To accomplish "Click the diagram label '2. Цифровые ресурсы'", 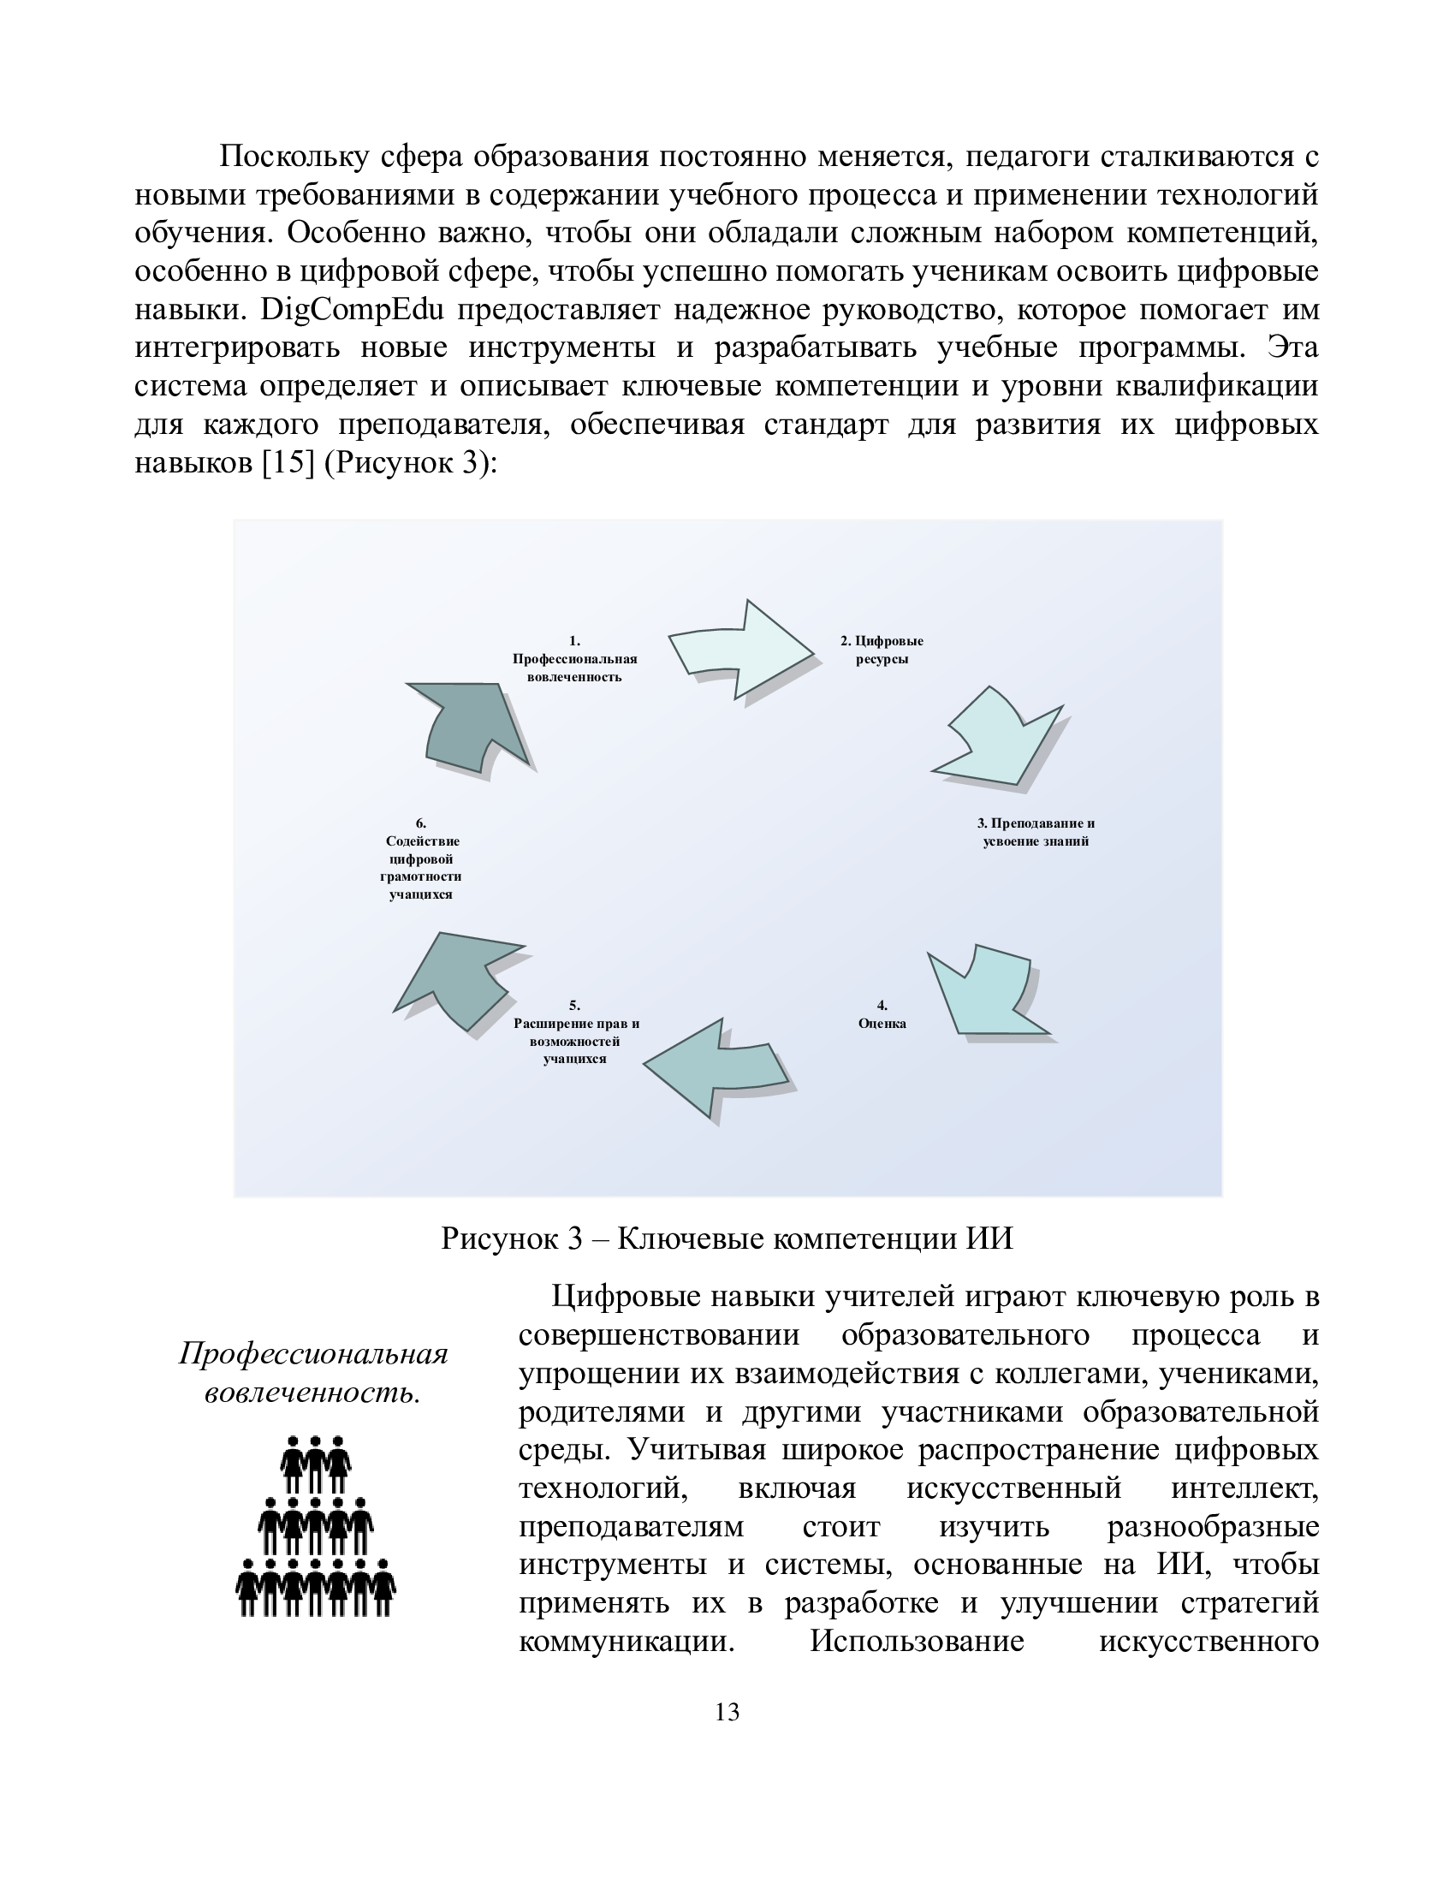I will coord(882,650).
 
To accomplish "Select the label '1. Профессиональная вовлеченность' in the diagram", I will coord(575,659).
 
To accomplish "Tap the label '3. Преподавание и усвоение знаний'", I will coord(1036,832).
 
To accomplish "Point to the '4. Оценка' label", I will coord(882,1015).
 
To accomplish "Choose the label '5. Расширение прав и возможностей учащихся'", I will coord(576,1032).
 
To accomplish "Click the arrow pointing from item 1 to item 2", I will coord(741,652).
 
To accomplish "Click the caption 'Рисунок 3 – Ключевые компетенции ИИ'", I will coord(727,1239).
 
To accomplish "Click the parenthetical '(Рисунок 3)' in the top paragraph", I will coord(410,462).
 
